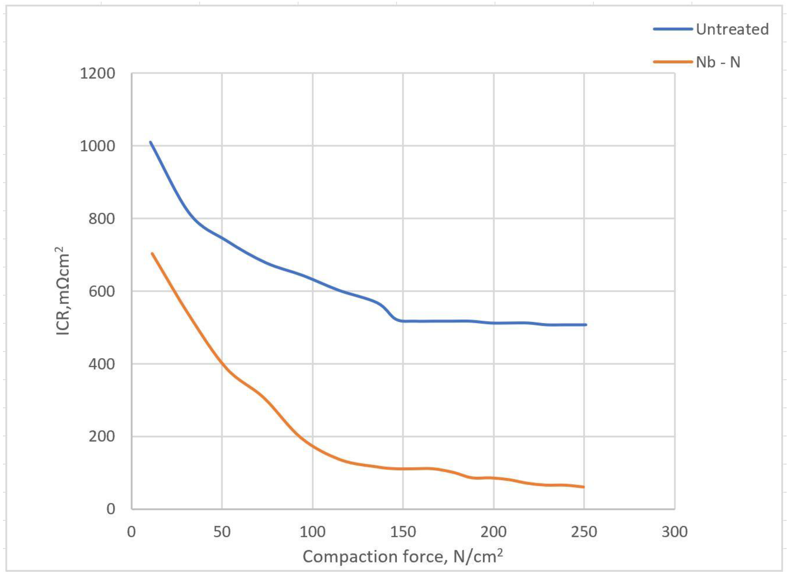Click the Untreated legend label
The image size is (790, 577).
[x=732, y=29]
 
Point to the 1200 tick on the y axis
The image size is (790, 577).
[x=97, y=74]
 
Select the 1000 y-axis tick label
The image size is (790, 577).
[x=97, y=146]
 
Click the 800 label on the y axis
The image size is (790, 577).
[x=101, y=219]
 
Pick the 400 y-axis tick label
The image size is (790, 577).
[x=101, y=364]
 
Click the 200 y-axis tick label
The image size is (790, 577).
[x=101, y=437]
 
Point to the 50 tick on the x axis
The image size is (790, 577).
[x=222, y=532]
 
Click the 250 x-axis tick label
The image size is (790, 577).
[x=584, y=532]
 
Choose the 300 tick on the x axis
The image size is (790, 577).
[x=674, y=532]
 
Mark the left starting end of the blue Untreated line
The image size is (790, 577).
[x=150, y=142]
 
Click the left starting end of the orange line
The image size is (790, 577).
[x=152, y=254]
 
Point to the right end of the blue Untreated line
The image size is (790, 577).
[x=586, y=325]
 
